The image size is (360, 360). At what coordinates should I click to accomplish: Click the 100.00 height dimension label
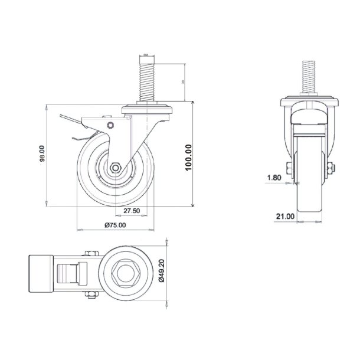(188, 158)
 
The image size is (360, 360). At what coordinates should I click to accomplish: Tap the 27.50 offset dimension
(131, 210)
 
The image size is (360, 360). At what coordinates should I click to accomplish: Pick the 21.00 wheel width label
(286, 217)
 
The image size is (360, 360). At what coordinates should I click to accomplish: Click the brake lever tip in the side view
(64, 121)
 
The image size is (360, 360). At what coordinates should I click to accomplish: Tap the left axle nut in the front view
(288, 171)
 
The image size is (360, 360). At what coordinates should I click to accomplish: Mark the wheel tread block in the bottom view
(40, 275)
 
